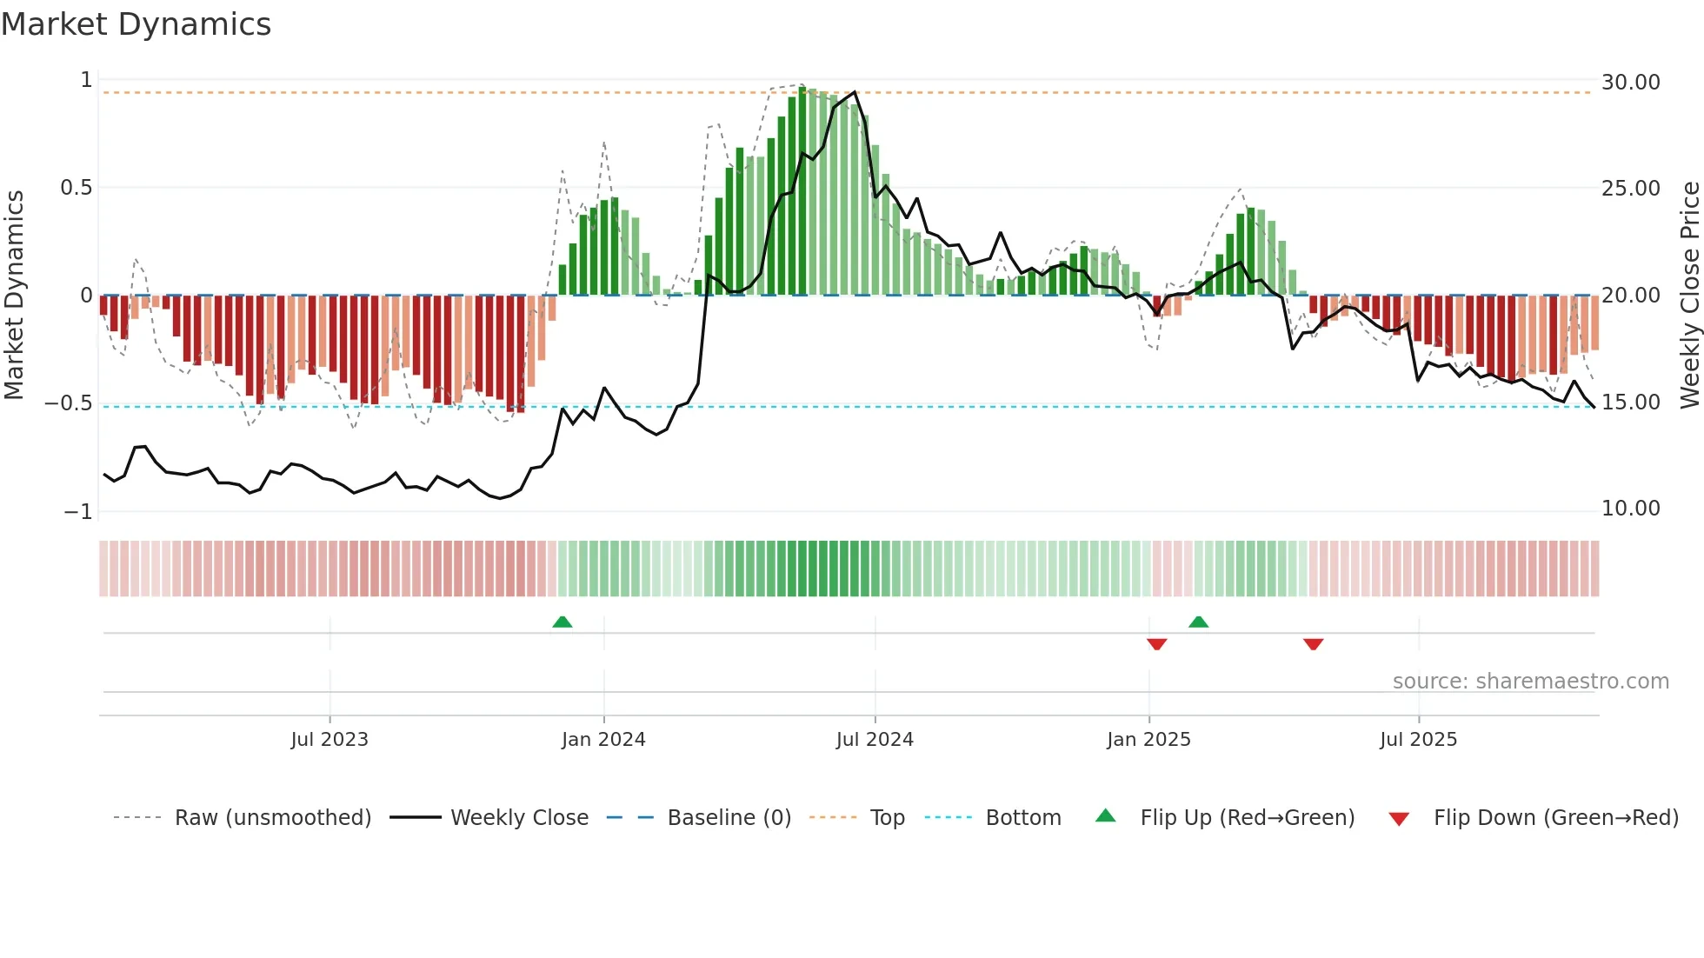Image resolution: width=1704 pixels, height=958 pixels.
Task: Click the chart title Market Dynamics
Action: pyautogui.click(x=136, y=24)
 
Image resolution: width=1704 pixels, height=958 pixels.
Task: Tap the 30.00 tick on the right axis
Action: pyautogui.click(x=1630, y=83)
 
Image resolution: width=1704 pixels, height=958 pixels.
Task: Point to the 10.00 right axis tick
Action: pyautogui.click(x=1630, y=509)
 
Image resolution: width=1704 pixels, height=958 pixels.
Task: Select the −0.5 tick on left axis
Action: pyautogui.click(x=68, y=403)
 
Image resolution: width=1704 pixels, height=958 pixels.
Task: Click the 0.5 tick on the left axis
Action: pyautogui.click(x=76, y=188)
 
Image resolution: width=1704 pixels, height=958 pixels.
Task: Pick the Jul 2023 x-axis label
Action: pyautogui.click(x=329, y=740)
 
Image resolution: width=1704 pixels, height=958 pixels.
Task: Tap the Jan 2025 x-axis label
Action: pyautogui.click(x=1148, y=740)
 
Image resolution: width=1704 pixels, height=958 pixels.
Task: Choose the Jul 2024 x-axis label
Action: pyautogui.click(x=875, y=740)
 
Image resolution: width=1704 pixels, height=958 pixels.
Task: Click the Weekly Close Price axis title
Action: pyautogui.click(x=1689, y=296)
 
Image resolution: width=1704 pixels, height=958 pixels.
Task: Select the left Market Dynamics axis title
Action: pyautogui.click(x=14, y=296)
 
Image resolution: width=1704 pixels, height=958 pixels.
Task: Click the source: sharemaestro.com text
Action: pyautogui.click(x=1530, y=682)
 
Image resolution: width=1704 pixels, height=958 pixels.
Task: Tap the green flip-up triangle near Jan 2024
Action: pyautogui.click(x=562, y=622)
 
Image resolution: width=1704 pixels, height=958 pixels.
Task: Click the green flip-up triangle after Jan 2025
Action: pyautogui.click(x=1198, y=622)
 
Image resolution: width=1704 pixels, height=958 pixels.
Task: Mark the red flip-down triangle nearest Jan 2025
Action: pyautogui.click(x=1156, y=644)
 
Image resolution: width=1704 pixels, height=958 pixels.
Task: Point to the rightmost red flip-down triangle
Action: pyautogui.click(x=1313, y=644)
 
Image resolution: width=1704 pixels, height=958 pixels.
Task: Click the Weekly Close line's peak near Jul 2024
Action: pyautogui.click(x=855, y=92)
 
